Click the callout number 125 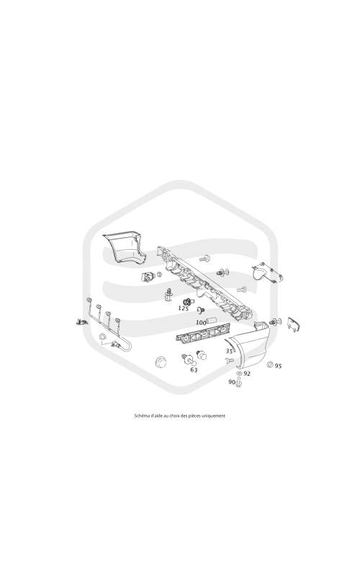tap(184, 308)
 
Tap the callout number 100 tap(202, 323)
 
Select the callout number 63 tap(194, 370)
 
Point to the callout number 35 tap(230, 351)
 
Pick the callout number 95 tap(279, 366)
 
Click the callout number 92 tap(247, 374)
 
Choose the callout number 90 tap(232, 382)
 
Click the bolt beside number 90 tap(239, 383)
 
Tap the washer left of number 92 tap(240, 374)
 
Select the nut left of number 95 tap(270, 365)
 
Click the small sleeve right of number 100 tap(212, 321)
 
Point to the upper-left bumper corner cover tap(125, 248)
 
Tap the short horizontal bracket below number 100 tap(203, 333)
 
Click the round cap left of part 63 tap(161, 361)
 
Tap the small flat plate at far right tap(294, 325)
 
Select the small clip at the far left tap(81, 323)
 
